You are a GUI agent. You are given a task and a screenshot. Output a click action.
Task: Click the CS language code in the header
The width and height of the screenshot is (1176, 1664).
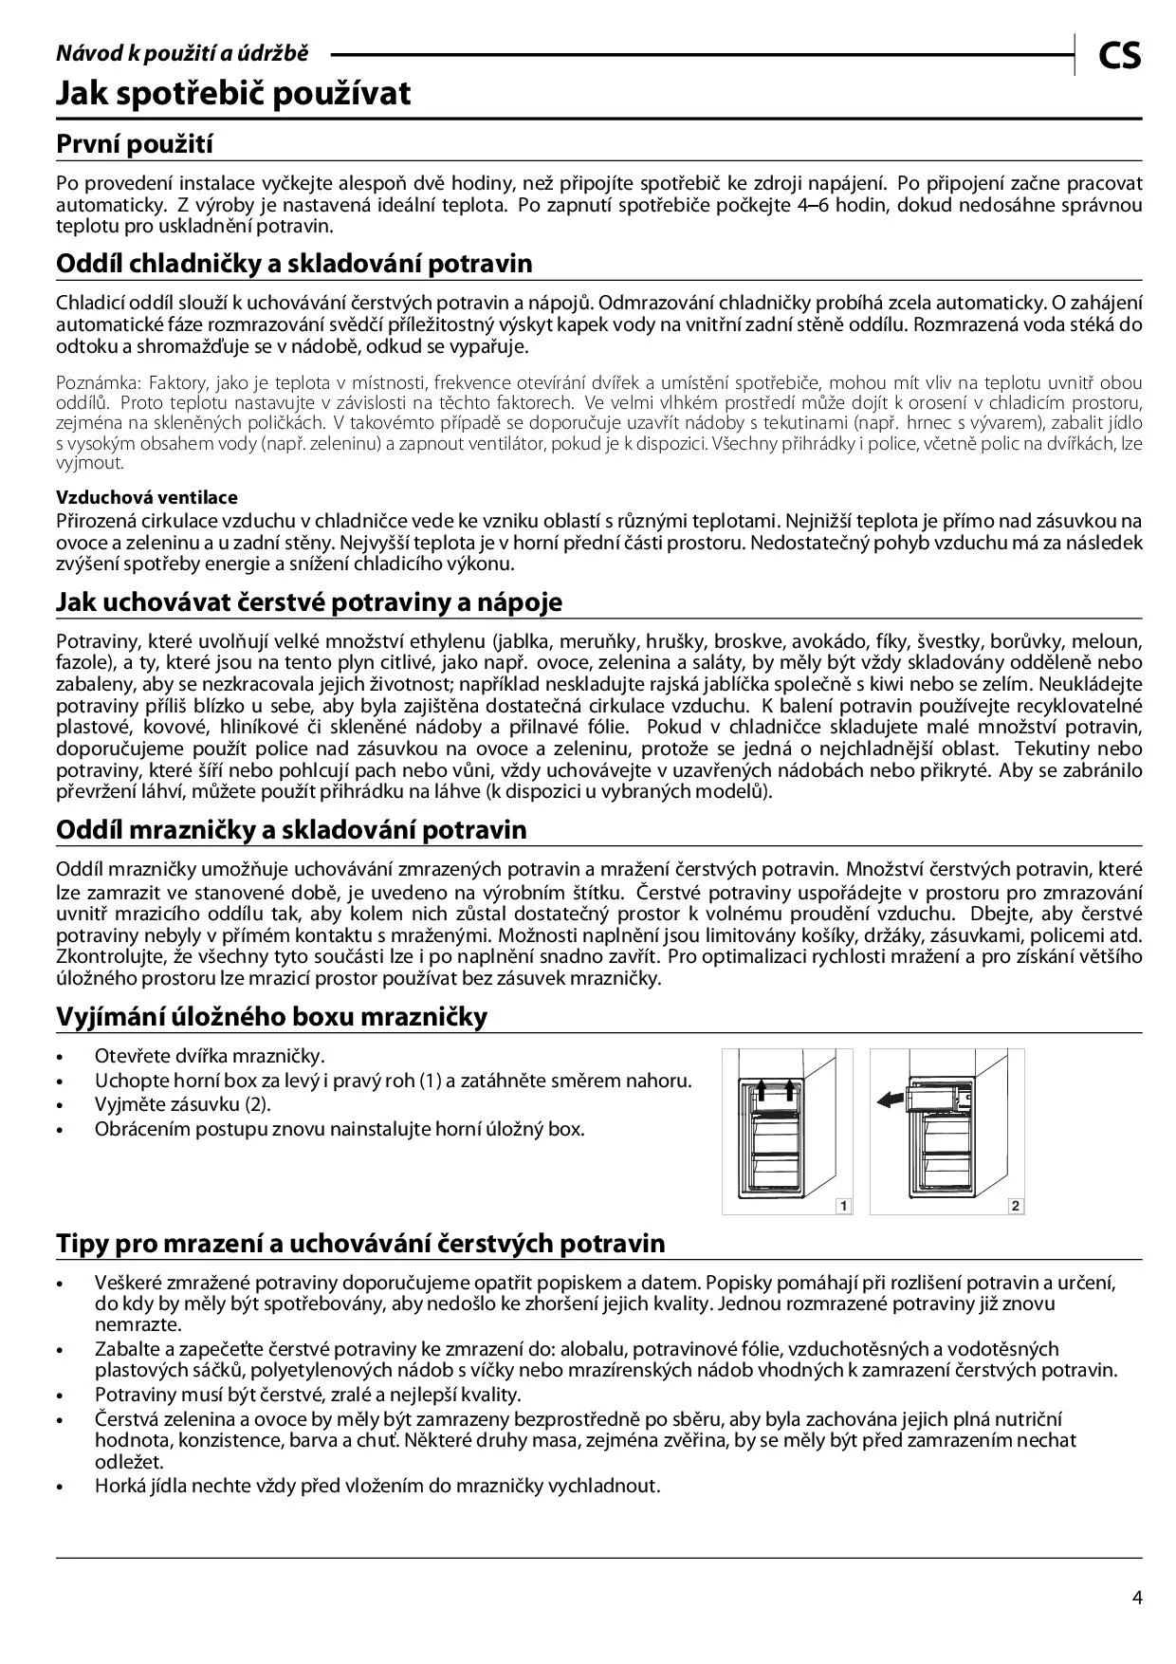pos(1120,56)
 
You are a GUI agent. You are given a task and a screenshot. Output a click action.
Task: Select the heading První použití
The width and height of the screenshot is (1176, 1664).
pos(135,145)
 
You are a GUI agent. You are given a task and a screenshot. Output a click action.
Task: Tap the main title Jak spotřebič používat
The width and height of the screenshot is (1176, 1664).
pos(233,94)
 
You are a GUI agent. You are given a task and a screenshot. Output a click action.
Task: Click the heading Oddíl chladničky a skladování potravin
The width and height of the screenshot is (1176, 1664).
pos(294,264)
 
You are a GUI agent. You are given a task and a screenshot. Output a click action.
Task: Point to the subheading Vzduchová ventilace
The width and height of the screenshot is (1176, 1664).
pos(147,497)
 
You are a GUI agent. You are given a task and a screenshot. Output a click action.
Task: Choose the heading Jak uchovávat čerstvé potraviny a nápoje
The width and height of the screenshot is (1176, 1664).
pos(309,602)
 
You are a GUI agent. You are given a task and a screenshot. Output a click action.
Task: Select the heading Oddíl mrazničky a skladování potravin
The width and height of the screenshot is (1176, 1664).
pos(291,830)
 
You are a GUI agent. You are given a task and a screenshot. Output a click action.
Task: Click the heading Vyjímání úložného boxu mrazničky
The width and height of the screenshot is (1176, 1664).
pos(272,1017)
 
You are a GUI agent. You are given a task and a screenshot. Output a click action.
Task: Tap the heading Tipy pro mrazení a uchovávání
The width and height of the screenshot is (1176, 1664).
pos(360,1244)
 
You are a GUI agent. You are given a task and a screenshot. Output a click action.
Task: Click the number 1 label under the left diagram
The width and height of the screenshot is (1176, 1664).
pos(843,1206)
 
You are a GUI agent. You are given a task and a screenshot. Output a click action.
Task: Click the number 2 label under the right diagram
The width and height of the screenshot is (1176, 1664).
pos(1015,1206)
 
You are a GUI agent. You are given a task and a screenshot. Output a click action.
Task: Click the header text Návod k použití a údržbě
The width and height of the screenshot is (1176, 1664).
pos(182,54)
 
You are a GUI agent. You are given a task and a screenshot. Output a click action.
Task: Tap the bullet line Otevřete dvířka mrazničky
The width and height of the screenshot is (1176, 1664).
pos(210,1056)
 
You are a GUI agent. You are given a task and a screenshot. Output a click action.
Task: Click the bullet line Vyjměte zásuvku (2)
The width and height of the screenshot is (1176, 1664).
pos(183,1104)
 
